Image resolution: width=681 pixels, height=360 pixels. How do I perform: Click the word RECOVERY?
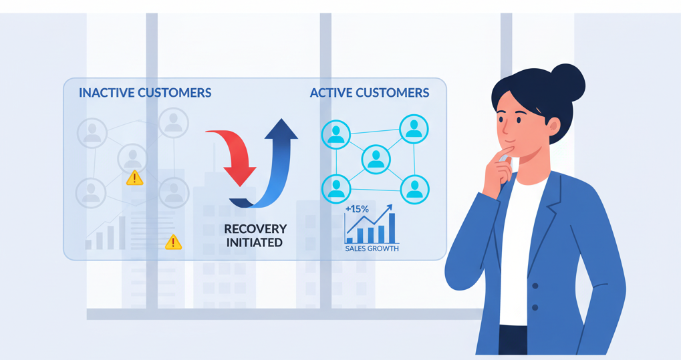click(x=255, y=229)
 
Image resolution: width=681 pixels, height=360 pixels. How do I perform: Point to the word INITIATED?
click(x=254, y=242)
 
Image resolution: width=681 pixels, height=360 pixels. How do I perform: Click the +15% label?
click(x=357, y=209)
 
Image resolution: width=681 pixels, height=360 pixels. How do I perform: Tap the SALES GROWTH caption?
click(x=372, y=248)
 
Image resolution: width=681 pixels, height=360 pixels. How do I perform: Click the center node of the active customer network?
click(x=376, y=160)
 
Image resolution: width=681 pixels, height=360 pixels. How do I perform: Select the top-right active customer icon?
click(x=414, y=129)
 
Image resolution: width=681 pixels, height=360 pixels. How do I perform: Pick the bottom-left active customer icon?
click(x=336, y=188)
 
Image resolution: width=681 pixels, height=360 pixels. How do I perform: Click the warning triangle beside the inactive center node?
click(x=134, y=178)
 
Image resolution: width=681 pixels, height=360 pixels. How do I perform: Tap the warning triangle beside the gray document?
click(x=173, y=242)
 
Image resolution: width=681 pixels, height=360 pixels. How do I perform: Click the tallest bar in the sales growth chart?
click(x=392, y=228)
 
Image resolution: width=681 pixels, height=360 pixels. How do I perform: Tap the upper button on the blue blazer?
click(x=535, y=286)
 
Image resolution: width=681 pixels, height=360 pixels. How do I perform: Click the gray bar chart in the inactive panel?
click(x=107, y=234)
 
